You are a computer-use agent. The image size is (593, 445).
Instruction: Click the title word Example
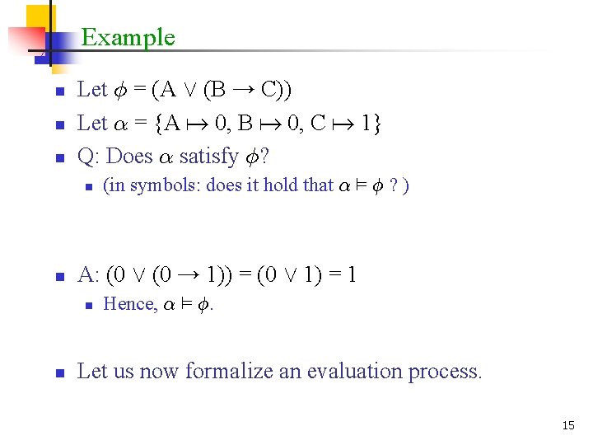pyautogui.click(x=128, y=37)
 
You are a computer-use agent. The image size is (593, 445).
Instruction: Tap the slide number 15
pyautogui.click(x=567, y=425)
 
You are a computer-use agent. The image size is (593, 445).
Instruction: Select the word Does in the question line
pyautogui.click(x=129, y=155)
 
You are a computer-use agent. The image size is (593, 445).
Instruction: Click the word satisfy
pyautogui.click(x=208, y=155)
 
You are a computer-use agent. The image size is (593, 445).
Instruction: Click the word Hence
pyautogui.click(x=129, y=304)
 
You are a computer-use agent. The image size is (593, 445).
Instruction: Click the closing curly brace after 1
pyautogui.click(x=376, y=124)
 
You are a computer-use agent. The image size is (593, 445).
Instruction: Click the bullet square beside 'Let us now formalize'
pyautogui.click(x=58, y=372)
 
